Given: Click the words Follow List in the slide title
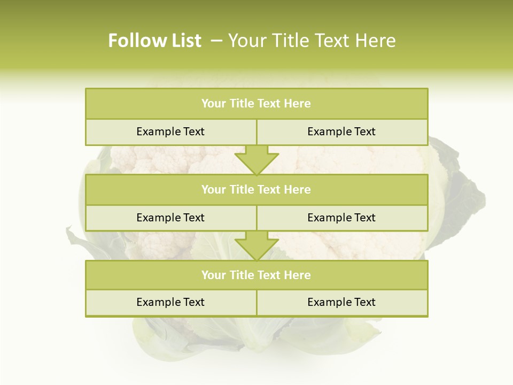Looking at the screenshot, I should pos(154,41).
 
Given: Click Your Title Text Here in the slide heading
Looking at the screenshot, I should pos(312,41).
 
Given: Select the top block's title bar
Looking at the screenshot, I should pos(256,104).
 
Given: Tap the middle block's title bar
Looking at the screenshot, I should pos(256,190).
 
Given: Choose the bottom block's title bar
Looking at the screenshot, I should pos(256,275).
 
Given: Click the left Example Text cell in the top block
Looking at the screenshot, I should pos(170,132).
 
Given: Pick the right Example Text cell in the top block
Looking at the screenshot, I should pos(341,132).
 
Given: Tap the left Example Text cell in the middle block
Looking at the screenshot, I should pos(170,218).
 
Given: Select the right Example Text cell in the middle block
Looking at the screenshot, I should pos(341,218).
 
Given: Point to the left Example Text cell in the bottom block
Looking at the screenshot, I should pos(170,303).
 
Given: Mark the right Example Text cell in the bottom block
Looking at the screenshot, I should pos(341,303).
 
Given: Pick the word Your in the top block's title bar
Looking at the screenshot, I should pos(214,104).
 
